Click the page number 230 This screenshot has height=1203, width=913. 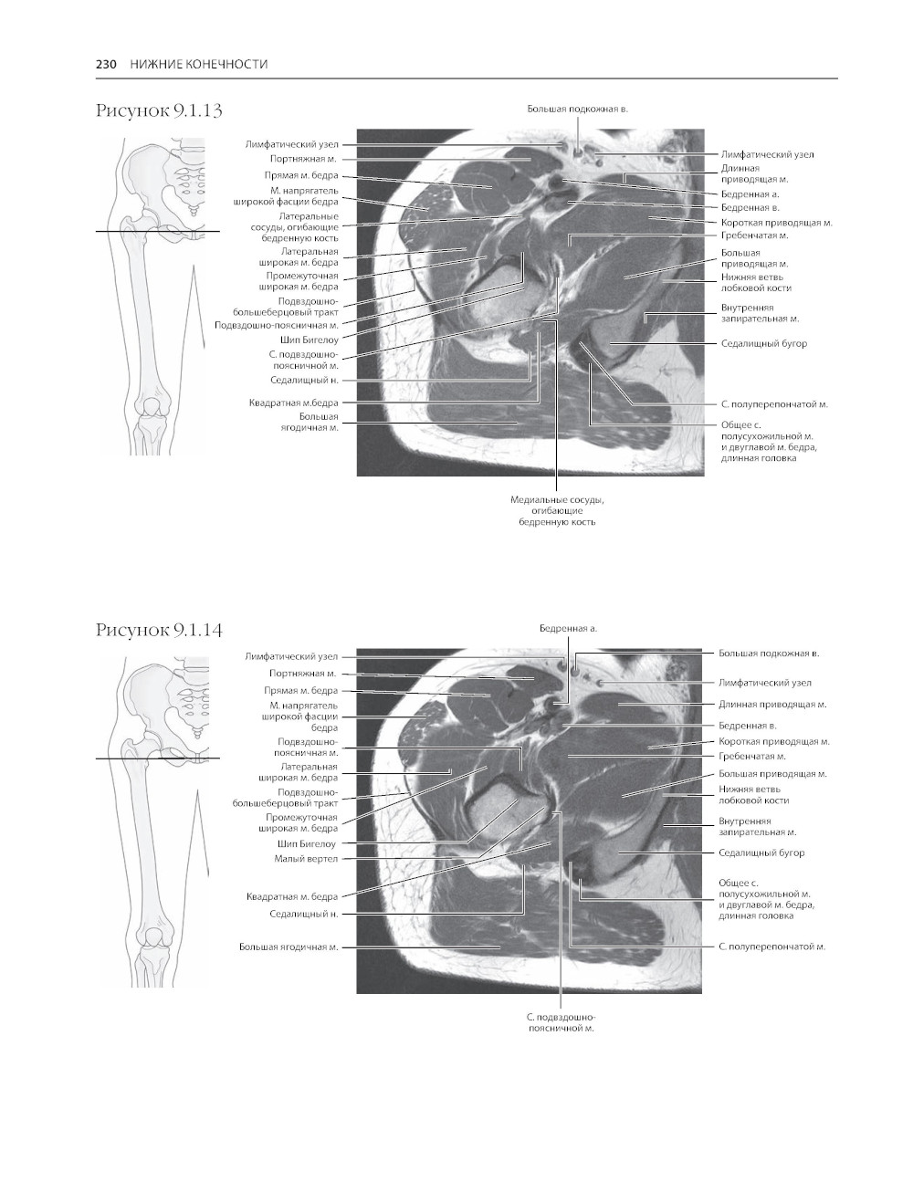click(x=106, y=64)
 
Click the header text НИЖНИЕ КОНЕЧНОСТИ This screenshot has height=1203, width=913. click(x=199, y=64)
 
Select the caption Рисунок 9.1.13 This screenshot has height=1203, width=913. click(x=159, y=110)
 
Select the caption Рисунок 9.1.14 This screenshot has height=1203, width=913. click(x=159, y=630)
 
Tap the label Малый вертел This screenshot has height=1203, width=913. click(x=306, y=858)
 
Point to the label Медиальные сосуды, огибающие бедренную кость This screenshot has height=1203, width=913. click(x=557, y=510)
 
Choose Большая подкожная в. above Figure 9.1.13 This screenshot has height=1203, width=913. click(x=578, y=109)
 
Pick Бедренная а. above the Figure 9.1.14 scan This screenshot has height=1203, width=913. click(x=568, y=628)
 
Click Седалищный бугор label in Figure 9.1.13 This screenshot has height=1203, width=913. click(x=763, y=343)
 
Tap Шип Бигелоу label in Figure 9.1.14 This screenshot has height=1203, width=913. click(x=307, y=843)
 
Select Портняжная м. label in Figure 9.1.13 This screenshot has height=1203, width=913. click(x=303, y=159)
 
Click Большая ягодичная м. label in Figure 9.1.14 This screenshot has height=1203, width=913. click(x=289, y=947)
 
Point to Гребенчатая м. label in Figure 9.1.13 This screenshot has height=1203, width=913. click(x=754, y=235)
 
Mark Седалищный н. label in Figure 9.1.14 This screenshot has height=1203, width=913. click(x=304, y=914)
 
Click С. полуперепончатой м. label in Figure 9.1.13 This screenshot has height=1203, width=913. click(x=774, y=404)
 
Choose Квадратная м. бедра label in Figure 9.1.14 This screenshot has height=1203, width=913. click(x=292, y=896)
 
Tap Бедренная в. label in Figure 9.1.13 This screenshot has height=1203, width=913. click(x=750, y=208)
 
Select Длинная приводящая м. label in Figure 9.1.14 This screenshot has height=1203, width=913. click(x=772, y=705)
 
